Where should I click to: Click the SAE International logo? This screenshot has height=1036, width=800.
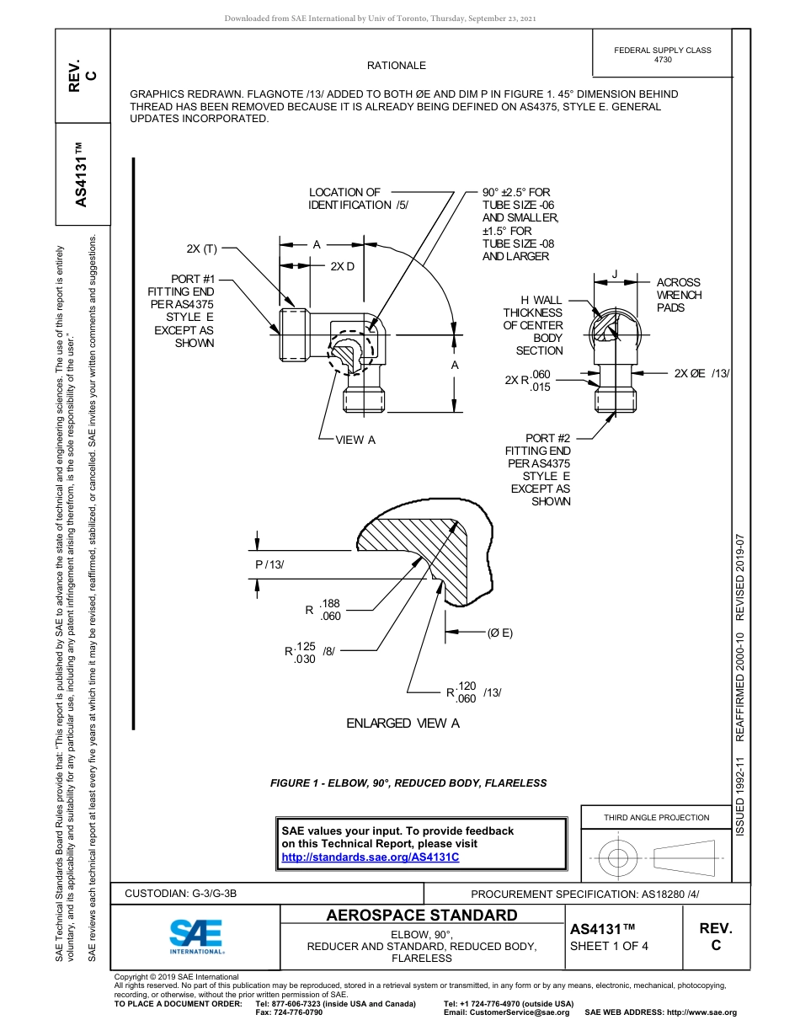(x=195, y=935)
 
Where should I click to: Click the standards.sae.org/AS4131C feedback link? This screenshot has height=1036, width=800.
(x=370, y=857)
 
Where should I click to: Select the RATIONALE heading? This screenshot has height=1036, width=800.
(x=396, y=66)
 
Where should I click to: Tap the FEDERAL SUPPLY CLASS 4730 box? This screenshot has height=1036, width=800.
(x=662, y=55)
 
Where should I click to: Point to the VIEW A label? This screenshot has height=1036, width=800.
(x=355, y=440)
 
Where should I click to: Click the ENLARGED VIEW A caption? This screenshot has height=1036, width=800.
(x=403, y=724)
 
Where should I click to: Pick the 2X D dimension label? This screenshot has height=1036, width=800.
(x=342, y=266)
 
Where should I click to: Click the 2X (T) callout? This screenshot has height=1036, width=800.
(x=202, y=249)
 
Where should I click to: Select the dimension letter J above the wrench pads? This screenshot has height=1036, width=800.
(x=615, y=274)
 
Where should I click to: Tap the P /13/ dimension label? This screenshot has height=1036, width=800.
(x=275, y=563)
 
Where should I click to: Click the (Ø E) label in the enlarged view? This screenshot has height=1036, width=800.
(x=499, y=633)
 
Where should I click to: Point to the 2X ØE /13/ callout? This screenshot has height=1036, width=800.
(x=701, y=373)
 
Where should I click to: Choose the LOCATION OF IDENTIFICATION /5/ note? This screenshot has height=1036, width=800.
(x=357, y=199)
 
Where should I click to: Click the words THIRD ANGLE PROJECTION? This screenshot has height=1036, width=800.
(x=656, y=817)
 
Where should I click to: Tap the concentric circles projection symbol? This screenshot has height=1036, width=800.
(x=618, y=858)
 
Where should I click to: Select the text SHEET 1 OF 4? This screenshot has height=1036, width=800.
(x=609, y=945)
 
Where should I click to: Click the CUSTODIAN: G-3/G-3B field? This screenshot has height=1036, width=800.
(x=186, y=893)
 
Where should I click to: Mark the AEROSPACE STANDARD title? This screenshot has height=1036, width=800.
(x=421, y=915)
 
